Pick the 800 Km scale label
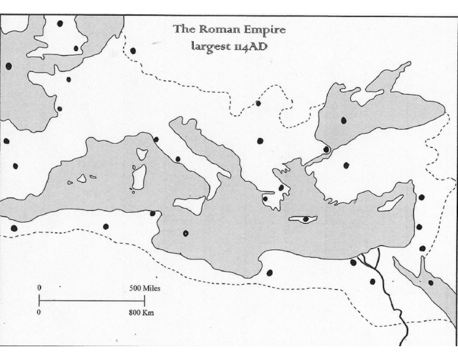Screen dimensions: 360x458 (x=142, y=312)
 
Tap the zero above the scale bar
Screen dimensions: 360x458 (x=39, y=288)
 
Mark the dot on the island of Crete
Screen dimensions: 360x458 (x=305, y=219)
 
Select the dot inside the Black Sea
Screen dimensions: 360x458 (x=343, y=120)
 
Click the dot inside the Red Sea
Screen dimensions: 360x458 (x=430, y=282)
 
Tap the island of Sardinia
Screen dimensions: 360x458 (x=138, y=177)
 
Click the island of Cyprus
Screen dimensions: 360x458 (x=390, y=204)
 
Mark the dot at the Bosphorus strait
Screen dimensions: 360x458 (x=326, y=149)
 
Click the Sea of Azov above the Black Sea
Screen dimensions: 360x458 (x=386, y=81)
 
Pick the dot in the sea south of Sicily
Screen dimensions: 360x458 (x=186, y=233)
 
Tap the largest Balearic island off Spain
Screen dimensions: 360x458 (x=82, y=178)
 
